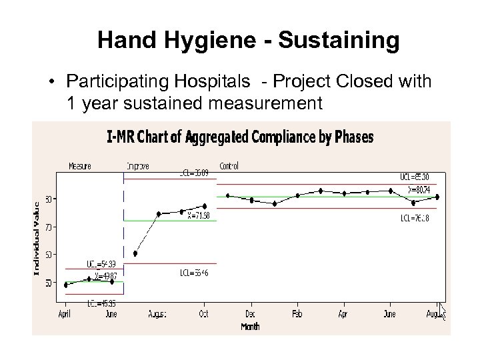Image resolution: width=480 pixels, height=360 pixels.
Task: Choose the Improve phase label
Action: click(x=138, y=166)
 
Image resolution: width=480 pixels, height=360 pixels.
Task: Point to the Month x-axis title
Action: click(x=251, y=327)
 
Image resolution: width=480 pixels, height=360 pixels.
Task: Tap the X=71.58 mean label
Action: click(x=198, y=215)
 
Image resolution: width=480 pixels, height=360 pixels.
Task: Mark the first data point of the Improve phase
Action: click(x=135, y=253)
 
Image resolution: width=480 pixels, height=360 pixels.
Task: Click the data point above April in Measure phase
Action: click(x=65, y=285)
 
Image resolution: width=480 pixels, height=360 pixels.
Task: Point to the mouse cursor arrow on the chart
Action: click(x=442, y=311)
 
